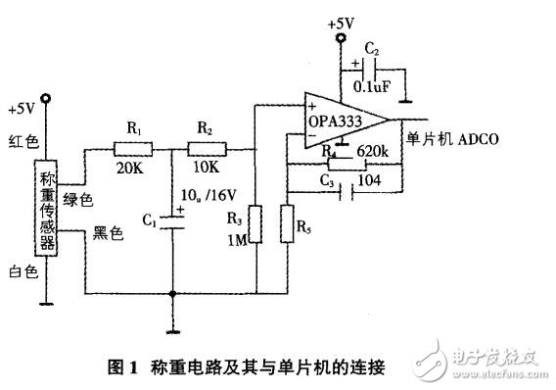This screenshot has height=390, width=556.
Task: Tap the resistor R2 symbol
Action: (206, 149)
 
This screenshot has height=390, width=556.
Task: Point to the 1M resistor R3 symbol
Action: (255, 224)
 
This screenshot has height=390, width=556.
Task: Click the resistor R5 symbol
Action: (286, 224)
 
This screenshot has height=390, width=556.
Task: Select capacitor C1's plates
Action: (172, 224)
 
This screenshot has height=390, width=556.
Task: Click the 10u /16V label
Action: (215, 203)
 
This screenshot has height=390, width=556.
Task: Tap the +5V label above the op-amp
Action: (342, 21)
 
